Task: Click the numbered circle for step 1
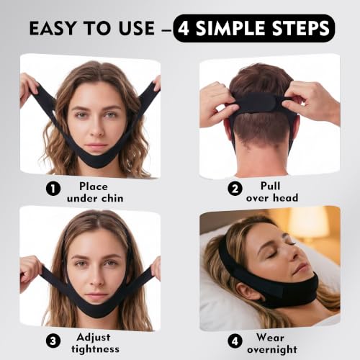point(53,189)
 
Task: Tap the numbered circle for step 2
point(235,189)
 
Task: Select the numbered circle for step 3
point(53,341)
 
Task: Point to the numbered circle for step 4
point(235,341)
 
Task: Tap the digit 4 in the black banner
point(184,28)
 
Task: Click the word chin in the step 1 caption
point(112,198)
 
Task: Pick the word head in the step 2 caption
point(286,198)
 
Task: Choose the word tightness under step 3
point(95,348)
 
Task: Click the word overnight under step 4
point(272,350)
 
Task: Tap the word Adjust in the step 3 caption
point(94,338)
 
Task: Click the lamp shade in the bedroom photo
point(308,222)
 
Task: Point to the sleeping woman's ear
point(246,290)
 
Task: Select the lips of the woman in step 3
point(96,295)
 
